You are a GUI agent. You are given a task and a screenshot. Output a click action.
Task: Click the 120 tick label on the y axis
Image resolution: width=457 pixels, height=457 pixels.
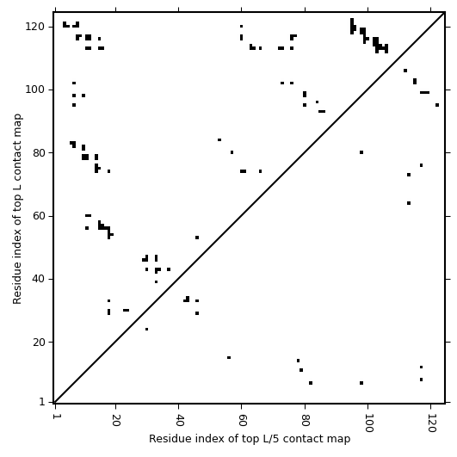34,27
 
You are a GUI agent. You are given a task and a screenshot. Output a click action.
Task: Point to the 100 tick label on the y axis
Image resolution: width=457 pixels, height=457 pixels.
34,90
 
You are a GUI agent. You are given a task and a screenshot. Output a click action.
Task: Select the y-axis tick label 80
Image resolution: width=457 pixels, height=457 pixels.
38,152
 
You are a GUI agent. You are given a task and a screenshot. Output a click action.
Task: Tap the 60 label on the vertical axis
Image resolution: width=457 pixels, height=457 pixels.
38,216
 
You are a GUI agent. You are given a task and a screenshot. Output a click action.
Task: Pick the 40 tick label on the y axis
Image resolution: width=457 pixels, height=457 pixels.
38,279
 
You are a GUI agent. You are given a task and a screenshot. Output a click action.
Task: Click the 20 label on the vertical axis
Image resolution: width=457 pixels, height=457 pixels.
38,342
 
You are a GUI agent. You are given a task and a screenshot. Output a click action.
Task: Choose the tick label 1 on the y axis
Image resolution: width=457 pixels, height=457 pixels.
42,402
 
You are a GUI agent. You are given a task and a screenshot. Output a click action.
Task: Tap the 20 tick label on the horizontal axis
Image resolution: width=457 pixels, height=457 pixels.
115,420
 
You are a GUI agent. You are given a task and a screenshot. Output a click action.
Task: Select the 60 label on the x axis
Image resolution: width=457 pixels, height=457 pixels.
242,420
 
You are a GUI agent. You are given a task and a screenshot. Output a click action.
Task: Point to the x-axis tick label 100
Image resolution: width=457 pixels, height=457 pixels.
367,423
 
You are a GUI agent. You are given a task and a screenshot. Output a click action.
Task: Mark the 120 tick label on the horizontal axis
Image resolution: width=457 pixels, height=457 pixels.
431,423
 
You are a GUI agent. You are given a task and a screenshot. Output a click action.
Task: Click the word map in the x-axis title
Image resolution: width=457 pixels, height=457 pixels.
341,440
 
